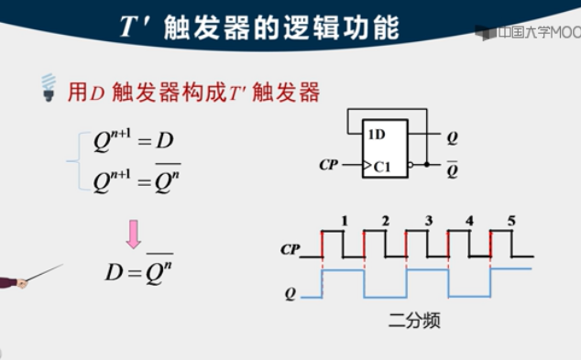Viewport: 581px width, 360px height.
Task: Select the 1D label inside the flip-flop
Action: click(377, 135)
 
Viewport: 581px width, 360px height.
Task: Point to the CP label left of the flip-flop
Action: click(329, 165)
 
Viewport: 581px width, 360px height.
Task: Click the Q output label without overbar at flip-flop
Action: click(452, 139)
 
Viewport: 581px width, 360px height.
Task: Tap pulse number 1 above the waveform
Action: click(344, 221)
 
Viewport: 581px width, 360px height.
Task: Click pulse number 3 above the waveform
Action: click(428, 221)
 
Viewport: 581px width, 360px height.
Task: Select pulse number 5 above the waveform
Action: click(511, 221)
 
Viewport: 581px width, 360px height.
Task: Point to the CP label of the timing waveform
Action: click(290, 248)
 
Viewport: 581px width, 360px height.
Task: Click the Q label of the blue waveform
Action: click(290, 294)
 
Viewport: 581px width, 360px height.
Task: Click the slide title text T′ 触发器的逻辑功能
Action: click(261, 27)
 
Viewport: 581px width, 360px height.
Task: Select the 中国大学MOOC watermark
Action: click(529, 33)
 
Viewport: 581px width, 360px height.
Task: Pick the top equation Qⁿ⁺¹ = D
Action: click(133, 140)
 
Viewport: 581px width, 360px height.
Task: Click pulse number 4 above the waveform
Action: click(469, 221)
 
